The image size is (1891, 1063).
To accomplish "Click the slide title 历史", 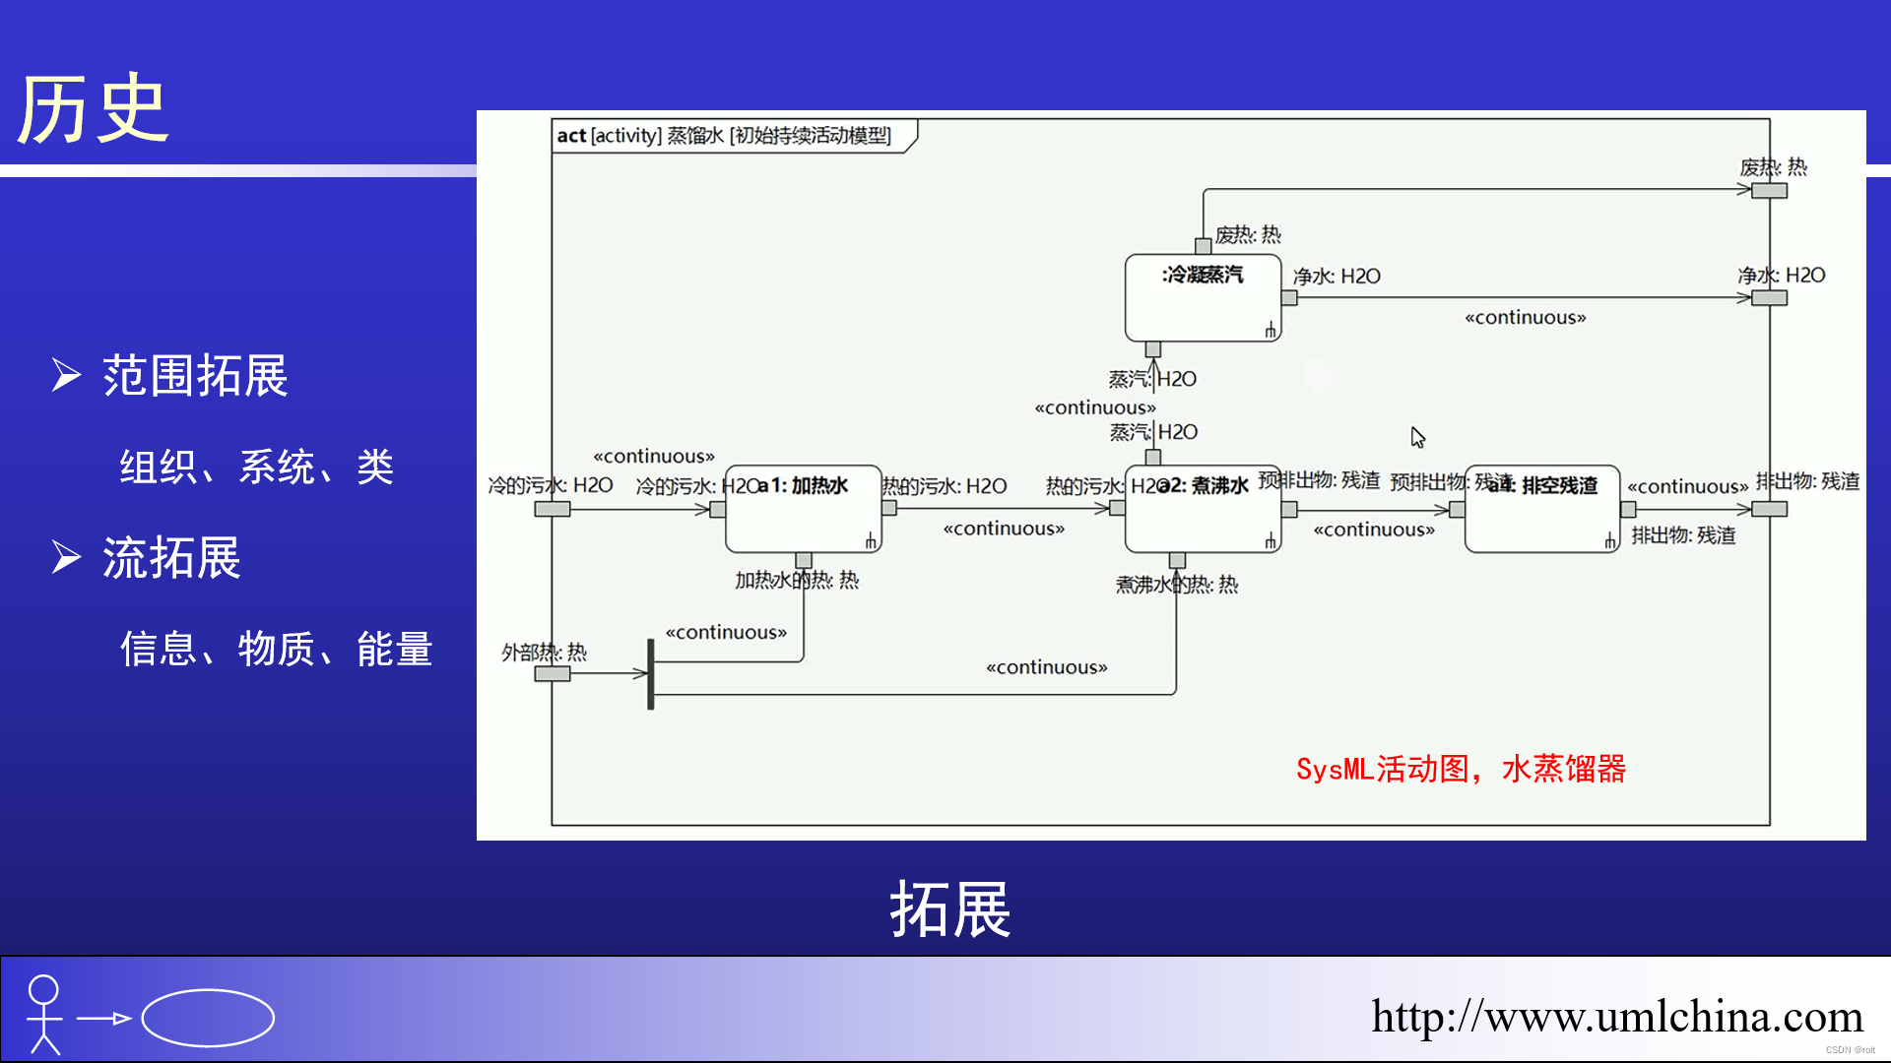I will pyautogui.click(x=94, y=110).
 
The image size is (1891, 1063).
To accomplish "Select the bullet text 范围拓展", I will pyautogui.click(x=195, y=376).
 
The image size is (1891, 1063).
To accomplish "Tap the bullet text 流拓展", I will pyautogui.click(x=171, y=558).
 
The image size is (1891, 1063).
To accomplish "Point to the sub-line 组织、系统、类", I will pyautogui.click(x=256, y=468).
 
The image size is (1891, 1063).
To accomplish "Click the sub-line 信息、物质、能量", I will pyautogui.click(x=276, y=650).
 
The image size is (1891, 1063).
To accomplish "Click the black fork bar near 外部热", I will pyautogui.click(x=650, y=674).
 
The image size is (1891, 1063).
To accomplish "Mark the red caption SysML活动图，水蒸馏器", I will pyautogui.click(x=1461, y=769).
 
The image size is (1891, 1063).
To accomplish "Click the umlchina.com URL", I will pyautogui.click(x=1616, y=1017).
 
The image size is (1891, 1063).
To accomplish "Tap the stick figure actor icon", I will pyautogui.click(x=44, y=1014).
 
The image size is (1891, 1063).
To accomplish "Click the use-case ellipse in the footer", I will pyautogui.click(x=208, y=1018).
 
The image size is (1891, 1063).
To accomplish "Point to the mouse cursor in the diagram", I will pyautogui.click(x=1417, y=437).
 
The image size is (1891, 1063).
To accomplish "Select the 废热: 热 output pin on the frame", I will pyautogui.click(x=1769, y=191).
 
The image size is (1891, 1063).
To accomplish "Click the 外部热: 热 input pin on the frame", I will pyautogui.click(x=552, y=674).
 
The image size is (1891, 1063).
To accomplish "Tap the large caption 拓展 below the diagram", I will pyautogui.click(x=949, y=908).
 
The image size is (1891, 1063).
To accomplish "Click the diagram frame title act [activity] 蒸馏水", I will pyautogui.click(x=724, y=136).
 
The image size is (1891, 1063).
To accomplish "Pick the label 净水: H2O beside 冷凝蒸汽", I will pyautogui.click(x=1337, y=277).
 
